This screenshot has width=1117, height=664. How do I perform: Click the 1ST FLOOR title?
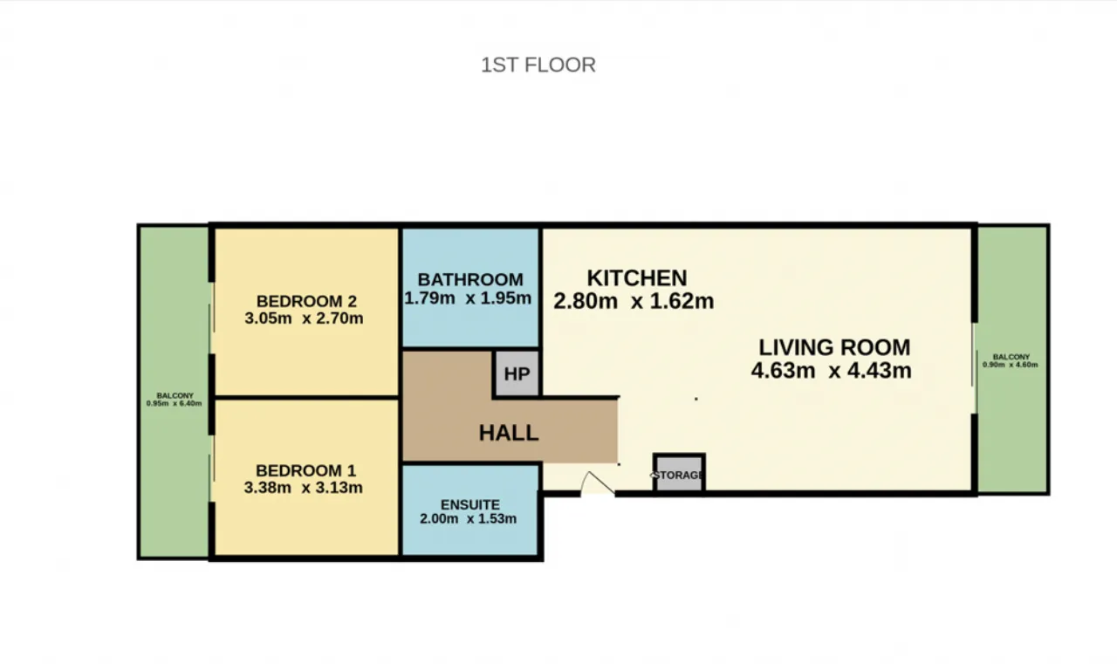click(538, 65)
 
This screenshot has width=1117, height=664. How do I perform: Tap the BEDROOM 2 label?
click(306, 301)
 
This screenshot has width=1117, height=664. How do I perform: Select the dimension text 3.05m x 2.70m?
click(304, 318)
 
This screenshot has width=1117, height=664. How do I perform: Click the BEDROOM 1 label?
click(305, 470)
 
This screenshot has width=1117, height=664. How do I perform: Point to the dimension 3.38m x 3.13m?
click(303, 487)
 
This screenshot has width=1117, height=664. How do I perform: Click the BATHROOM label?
click(470, 280)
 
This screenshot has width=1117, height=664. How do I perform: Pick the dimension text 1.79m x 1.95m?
click(468, 298)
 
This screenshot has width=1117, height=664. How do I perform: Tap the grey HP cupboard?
click(517, 373)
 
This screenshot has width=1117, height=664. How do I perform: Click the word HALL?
click(509, 433)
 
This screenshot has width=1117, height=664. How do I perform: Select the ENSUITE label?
click(469, 504)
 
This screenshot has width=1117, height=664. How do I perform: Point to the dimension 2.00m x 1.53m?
click(468, 518)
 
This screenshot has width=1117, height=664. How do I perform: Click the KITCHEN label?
click(637, 278)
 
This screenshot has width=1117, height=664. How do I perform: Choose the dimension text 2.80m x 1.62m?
click(634, 301)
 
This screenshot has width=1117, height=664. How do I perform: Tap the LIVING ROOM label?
click(834, 347)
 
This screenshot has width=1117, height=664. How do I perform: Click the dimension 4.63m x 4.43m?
click(832, 370)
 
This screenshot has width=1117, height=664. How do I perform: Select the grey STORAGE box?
click(679, 473)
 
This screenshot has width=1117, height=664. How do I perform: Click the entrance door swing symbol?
click(598, 483)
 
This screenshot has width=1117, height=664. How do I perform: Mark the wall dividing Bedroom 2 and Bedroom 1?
click(306, 397)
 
